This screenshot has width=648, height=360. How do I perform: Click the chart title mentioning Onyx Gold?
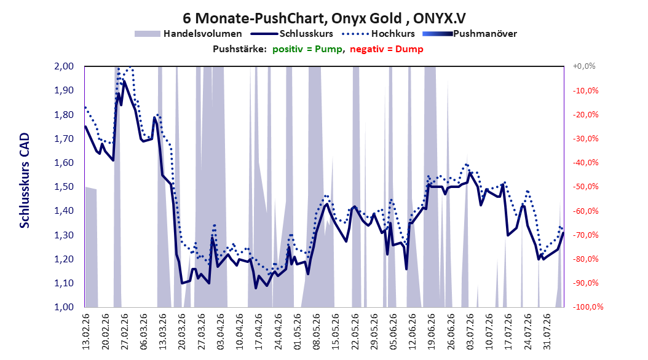point(324,18)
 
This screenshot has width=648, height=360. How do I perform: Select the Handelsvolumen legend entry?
point(188,34)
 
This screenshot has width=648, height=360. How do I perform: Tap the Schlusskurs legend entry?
point(292,34)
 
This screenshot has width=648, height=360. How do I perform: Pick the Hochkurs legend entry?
point(378,34)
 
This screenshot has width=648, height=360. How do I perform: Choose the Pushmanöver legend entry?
point(470,34)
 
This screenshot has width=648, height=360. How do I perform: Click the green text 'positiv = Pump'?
point(307,49)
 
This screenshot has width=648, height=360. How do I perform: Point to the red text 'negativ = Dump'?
point(387,49)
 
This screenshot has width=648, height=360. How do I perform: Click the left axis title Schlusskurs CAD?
point(25,180)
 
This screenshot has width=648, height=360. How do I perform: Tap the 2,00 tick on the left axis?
point(64,66)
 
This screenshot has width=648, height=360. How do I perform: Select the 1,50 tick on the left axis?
point(64,187)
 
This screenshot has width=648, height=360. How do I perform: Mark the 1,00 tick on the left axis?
point(64,307)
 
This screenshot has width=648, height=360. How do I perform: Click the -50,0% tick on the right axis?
point(585,187)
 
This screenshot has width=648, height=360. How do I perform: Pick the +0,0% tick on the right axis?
point(584,66)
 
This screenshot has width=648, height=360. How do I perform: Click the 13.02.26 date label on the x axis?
point(86,332)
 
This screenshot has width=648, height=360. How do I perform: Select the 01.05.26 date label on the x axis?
point(298,332)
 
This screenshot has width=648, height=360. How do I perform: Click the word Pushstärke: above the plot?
point(240,49)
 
